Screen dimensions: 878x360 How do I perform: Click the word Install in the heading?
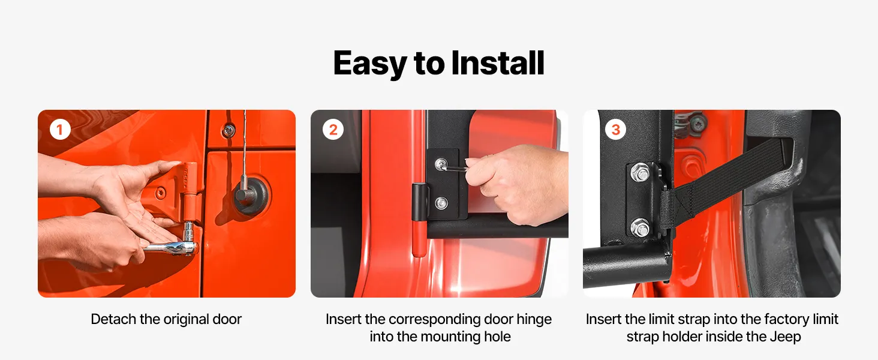point(498,63)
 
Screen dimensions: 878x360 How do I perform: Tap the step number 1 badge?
point(60,130)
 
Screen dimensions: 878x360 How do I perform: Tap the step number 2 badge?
point(333,130)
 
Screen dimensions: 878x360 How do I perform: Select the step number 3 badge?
point(615,130)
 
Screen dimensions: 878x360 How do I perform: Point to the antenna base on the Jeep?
point(251,195)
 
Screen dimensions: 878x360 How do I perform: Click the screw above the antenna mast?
point(228,130)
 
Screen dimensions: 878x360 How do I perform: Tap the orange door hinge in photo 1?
point(190,191)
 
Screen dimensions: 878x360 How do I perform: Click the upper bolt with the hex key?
point(441,164)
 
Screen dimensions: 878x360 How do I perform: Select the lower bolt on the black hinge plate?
point(441,203)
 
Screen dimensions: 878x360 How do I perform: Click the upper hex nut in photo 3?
point(640,173)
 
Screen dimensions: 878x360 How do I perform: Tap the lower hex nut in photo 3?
point(640,228)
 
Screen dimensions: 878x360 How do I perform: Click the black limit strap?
point(721,181)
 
